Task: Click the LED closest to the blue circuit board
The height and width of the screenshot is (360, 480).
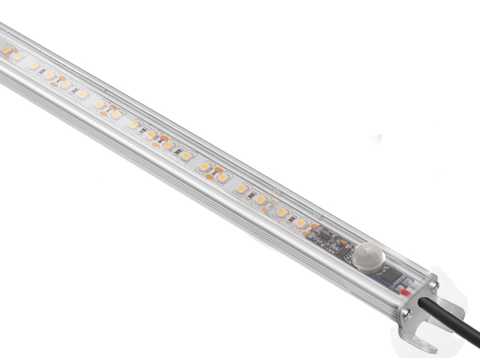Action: pos(301,223)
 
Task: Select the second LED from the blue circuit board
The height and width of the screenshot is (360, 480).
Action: pos(281,212)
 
